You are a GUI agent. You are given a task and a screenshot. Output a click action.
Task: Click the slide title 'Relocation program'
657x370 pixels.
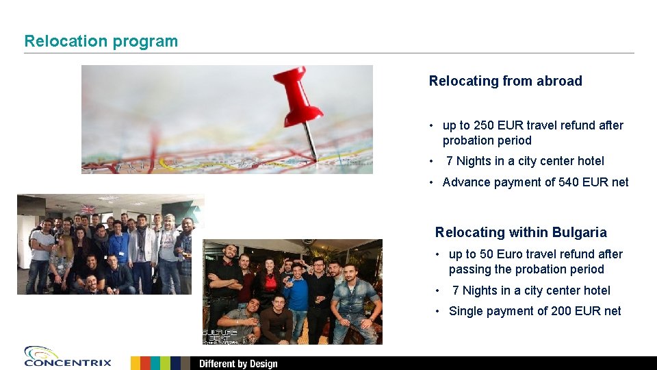click(101, 41)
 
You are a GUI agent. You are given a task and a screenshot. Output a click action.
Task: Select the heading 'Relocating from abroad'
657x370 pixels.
click(505, 81)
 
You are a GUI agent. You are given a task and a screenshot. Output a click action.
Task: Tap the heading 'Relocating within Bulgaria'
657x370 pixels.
click(521, 232)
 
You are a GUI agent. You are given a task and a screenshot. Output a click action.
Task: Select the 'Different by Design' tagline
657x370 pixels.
click(238, 364)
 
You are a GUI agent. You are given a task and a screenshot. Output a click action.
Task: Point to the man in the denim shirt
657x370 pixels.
click(355, 298)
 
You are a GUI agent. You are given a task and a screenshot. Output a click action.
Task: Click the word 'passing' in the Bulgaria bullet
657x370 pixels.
click(469, 269)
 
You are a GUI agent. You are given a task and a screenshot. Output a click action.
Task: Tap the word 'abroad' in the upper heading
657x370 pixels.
click(559, 81)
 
